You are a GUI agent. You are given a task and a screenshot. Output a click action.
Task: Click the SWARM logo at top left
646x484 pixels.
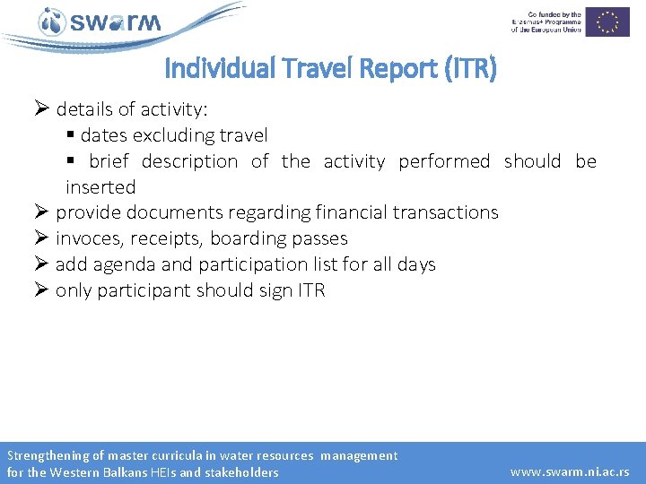click(100, 22)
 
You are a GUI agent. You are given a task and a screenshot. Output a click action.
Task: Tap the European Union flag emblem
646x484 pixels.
click(614, 22)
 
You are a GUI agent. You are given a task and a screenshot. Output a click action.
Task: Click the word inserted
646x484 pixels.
click(100, 187)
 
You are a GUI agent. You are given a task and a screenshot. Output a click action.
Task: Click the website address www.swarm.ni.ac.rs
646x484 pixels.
click(570, 471)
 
